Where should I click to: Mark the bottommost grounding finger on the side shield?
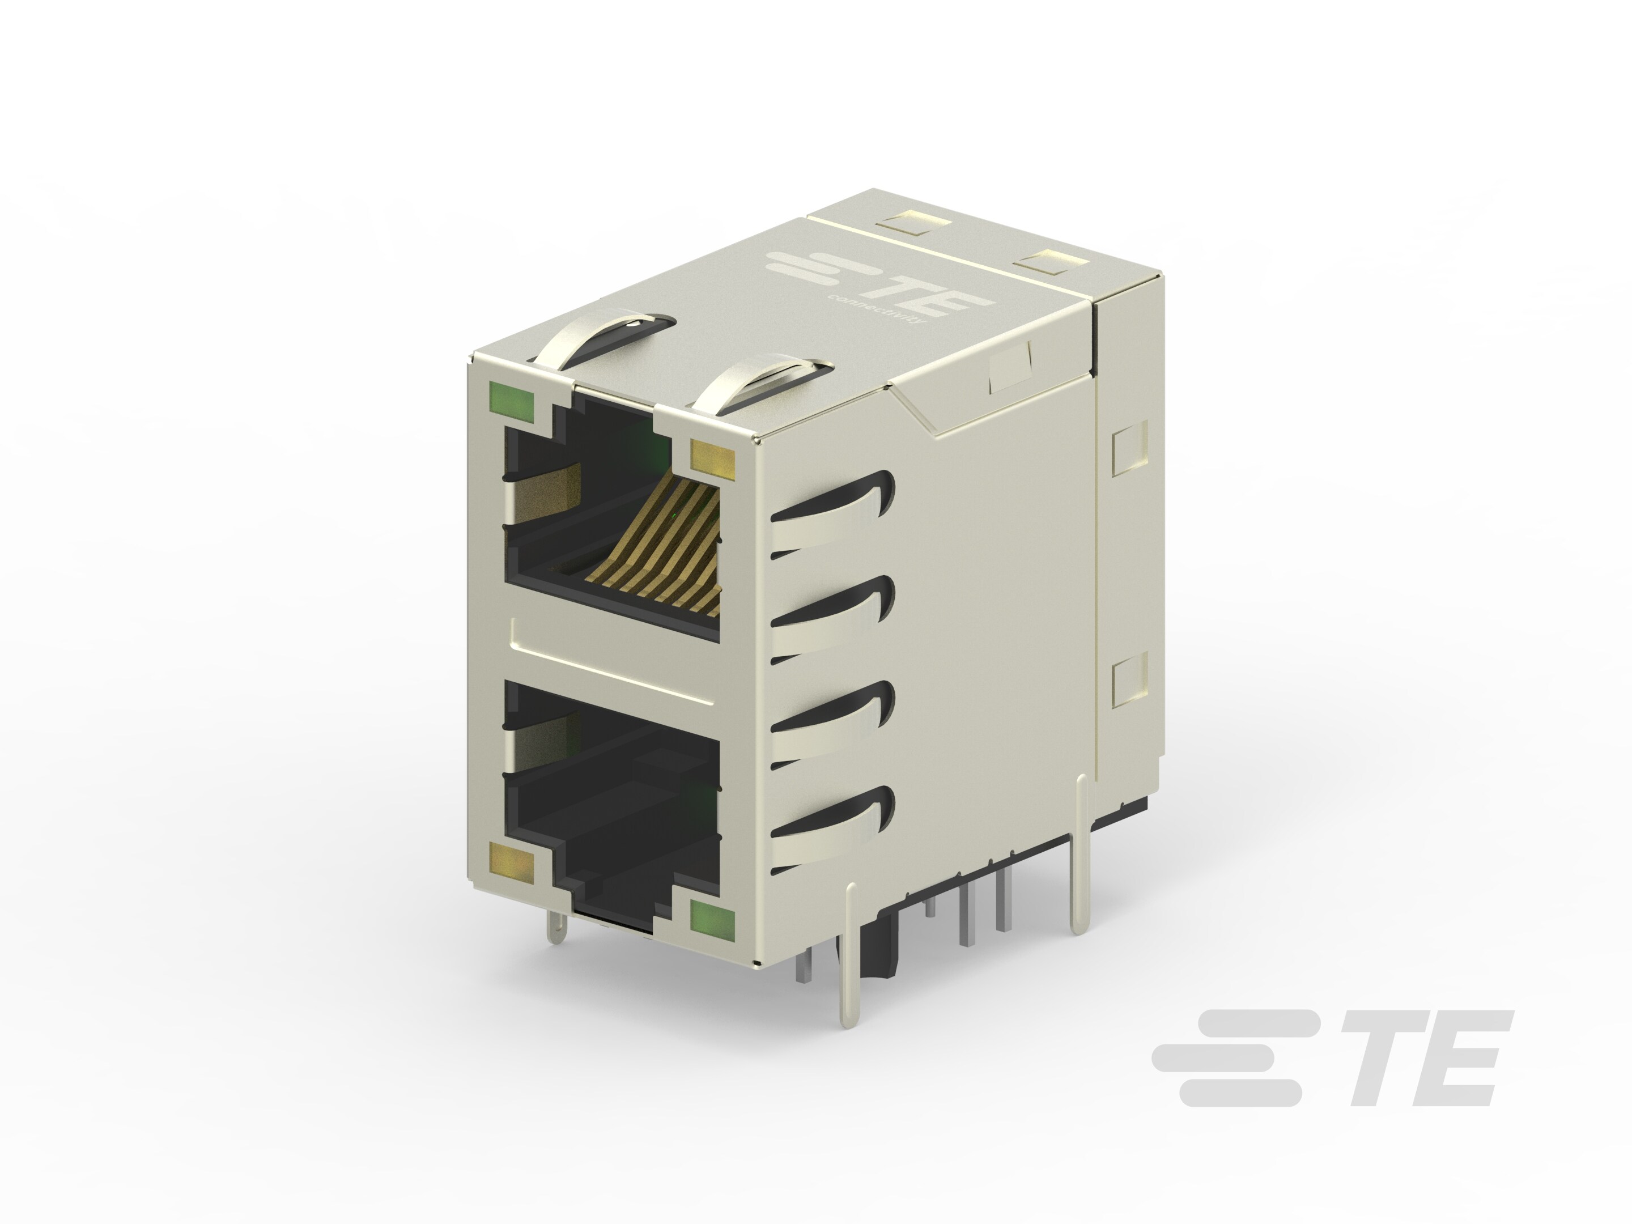pos(834,830)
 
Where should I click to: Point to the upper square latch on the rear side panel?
pos(1129,447)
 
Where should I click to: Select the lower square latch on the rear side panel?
pos(1129,679)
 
